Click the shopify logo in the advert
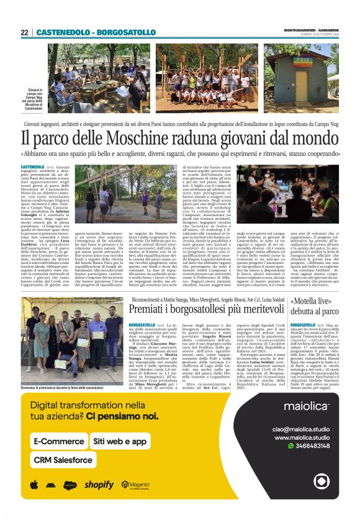(99, 484)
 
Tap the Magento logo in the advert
(139, 484)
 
